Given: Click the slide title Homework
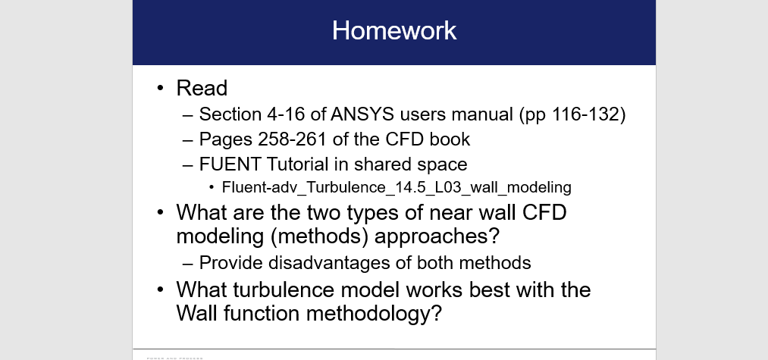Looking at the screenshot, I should pyautogui.click(x=393, y=30).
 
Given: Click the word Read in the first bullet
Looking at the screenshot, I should pyautogui.click(x=202, y=89).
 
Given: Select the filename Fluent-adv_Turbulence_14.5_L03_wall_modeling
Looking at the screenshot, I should pyautogui.click(x=396, y=186).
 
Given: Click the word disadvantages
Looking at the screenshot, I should pyautogui.click(x=325, y=263).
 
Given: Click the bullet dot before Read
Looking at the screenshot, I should pyautogui.click(x=161, y=89).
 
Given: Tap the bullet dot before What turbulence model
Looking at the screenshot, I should pyautogui.click(x=161, y=290).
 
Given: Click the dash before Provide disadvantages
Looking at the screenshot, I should pyautogui.click(x=188, y=263).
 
